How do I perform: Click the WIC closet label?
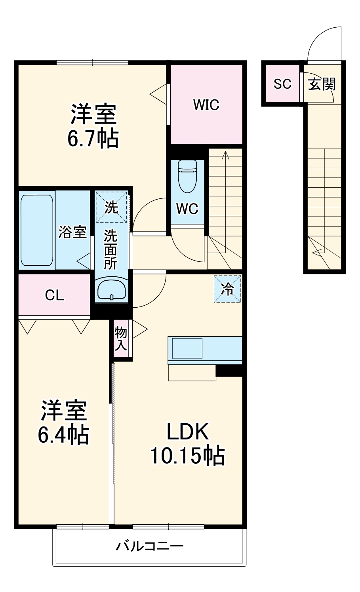(x=206, y=105)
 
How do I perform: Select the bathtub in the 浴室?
(x=37, y=230)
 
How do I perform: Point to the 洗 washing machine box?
(x=111, y=207)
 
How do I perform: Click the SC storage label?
(x=282, y=84)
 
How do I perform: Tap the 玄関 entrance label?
(x=322, y=84)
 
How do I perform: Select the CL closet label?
(x=55, y=295)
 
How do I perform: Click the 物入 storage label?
(x=121, y=339)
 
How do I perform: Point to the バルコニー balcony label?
(x=149, y=547)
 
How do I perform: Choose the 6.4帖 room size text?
(x=63, y=434)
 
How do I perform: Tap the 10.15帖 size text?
(x=187, y=455)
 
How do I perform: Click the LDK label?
(x=187, y=432)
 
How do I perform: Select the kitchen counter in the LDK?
(x=205, y=350)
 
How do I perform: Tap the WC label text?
(x=187, y=208)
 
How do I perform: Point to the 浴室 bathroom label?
(x=72, y=232)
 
